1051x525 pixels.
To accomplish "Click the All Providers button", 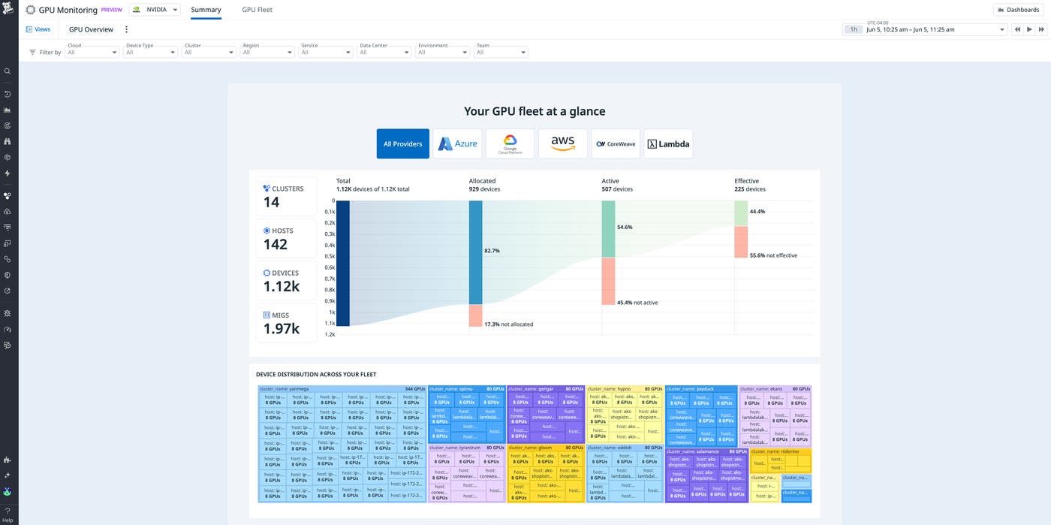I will pos(403,143).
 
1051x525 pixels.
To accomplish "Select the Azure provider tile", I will pos(457,143).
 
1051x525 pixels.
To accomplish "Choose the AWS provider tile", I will pos(562,143).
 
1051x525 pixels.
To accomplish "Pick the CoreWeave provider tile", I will pos(616,143).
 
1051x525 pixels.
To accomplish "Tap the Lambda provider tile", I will pos(668,143).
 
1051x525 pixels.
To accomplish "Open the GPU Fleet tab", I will pos(257,10).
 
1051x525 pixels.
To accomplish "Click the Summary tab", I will pos(206,10).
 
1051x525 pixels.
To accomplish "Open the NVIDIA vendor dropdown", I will pos(155,10).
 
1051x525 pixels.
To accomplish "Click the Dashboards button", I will pos(1019,10).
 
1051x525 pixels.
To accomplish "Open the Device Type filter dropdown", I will pos(149,52).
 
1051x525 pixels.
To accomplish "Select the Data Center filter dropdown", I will pos(383,52).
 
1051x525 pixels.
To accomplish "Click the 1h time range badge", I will pos(854,29).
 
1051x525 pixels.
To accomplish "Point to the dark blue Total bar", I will pos(343,263).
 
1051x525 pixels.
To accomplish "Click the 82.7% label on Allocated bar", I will pos(492,250).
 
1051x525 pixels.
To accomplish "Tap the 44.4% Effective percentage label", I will pos(757,212).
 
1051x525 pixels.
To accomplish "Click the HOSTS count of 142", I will pos(276,244).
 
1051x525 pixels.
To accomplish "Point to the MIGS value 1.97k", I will pos(282,328).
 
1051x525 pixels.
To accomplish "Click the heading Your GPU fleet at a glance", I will pos(535,111).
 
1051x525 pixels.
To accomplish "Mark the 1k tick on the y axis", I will pos(332,312).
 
